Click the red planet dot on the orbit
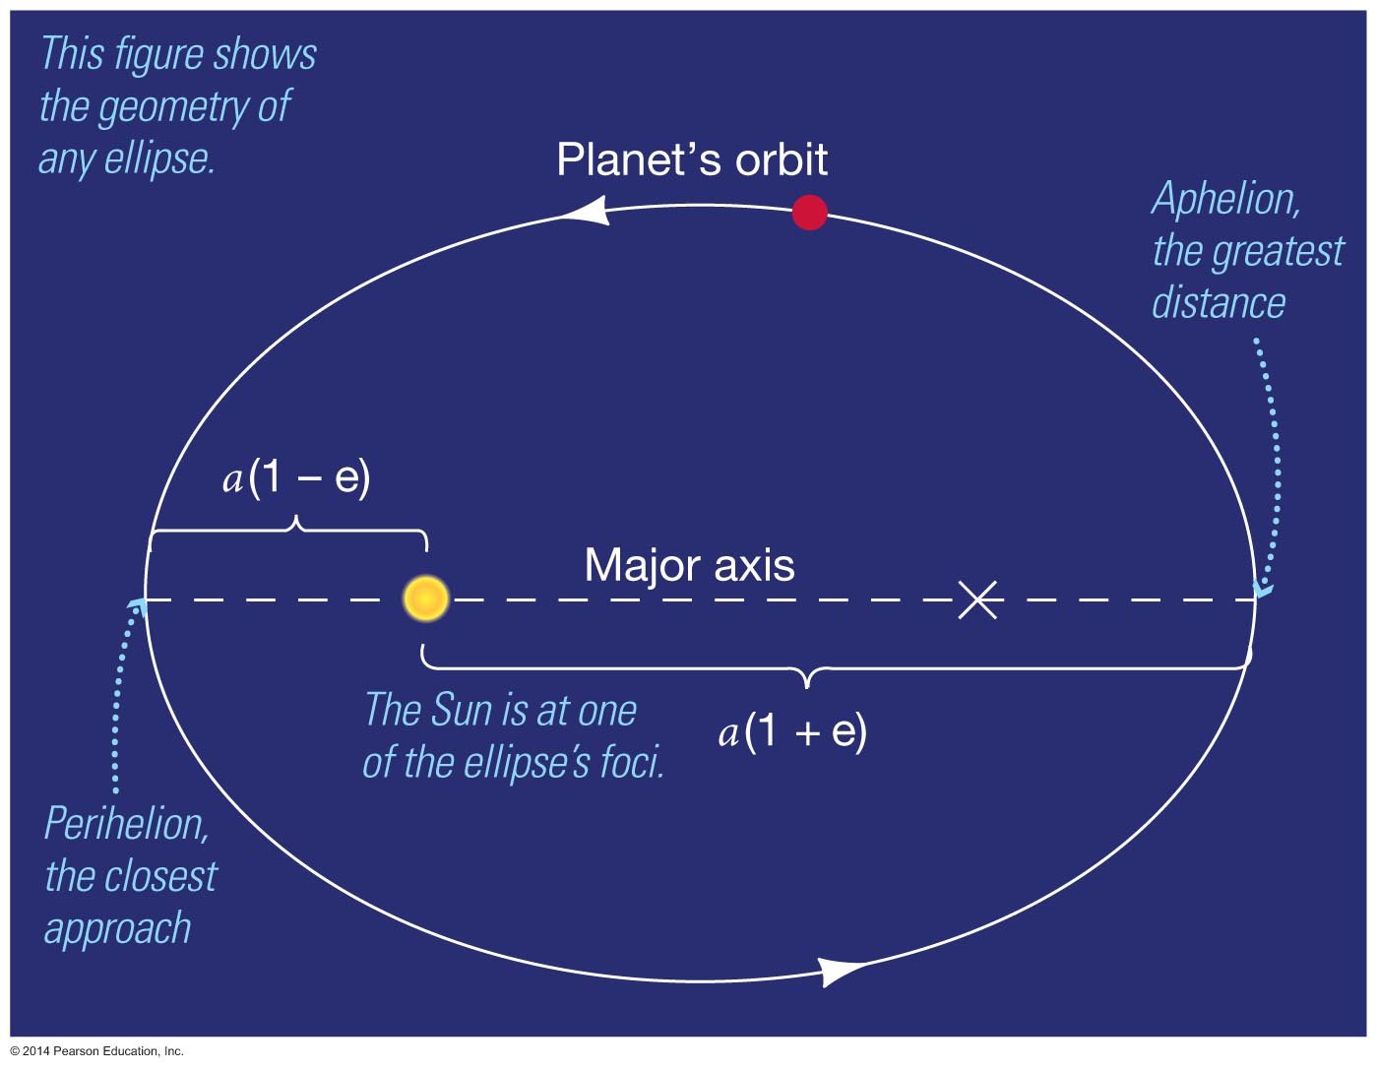click(x=809, y=213)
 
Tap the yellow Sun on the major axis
click(x=426, y=598)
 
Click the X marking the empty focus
click(x=977, y=599)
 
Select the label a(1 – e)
click(x=296, y=478)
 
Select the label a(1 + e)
click(x=792, y=732)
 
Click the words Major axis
click(x=689, y=565)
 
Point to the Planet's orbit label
click(x=692, y=159)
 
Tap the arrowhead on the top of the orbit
click(x=587, y=210)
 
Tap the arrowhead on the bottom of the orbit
click(x=842, y=971)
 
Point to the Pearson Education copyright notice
click(x=97, y=1051)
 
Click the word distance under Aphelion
click(x=1218, y=302)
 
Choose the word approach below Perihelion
click(x=117, y=929)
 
